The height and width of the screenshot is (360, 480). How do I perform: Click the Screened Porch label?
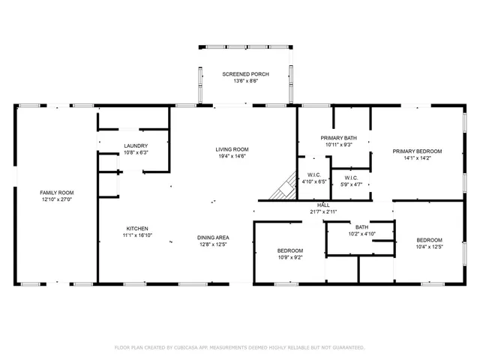(244, 73)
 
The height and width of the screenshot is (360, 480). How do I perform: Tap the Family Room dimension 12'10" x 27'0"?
(57, 200)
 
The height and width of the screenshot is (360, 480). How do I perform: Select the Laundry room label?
(136, 145)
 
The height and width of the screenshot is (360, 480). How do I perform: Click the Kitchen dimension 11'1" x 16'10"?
(136, 235)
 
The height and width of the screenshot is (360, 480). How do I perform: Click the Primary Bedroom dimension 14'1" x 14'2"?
(418, 158)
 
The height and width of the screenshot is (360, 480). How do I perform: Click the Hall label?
(323, 205)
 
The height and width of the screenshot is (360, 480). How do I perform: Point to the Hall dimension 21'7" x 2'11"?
(323, 211)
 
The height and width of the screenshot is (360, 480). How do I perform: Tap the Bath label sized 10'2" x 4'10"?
(361, 227)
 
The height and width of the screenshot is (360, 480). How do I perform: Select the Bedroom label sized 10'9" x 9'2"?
(289, 250)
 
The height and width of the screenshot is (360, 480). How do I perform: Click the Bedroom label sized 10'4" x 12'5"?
(430, 240)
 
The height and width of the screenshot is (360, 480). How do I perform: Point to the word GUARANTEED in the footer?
(346, 347)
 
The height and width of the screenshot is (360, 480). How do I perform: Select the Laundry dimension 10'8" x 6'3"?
(136, 152)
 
